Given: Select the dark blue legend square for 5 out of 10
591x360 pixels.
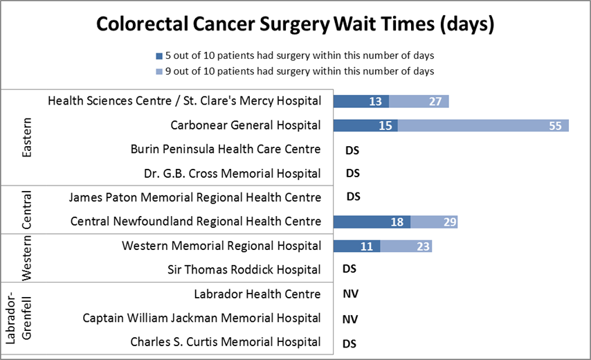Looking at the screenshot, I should point(159,55).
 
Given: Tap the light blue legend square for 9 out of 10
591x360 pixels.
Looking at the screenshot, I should point(159,71).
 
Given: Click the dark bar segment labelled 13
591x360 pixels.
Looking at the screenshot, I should point(361,101).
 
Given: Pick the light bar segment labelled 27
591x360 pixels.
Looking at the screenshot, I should point(419,101).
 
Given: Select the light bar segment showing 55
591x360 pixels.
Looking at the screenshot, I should point(482,125).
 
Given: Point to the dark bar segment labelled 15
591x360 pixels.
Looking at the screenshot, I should point(365,125).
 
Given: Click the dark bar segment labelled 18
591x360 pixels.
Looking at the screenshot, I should point(372,222).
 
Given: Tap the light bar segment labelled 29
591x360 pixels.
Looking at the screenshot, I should point(434,222).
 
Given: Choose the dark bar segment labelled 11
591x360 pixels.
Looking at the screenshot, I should point(356,246).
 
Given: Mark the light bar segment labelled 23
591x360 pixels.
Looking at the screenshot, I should point(406,246).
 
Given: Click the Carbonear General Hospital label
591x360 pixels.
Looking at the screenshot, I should point(246,125).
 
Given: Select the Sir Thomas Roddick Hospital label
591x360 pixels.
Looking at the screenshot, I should point(244,269).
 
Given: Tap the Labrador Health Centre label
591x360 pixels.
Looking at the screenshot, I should point(257,294).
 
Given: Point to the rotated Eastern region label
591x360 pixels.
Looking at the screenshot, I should point(26,137).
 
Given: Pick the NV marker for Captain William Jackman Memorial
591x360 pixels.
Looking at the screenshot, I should point(351,319).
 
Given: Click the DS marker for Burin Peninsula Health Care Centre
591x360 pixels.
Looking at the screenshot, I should point(352,150).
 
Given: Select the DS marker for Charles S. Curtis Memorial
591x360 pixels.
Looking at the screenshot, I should point(351,343).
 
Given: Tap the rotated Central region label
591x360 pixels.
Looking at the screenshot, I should point(26,210).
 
